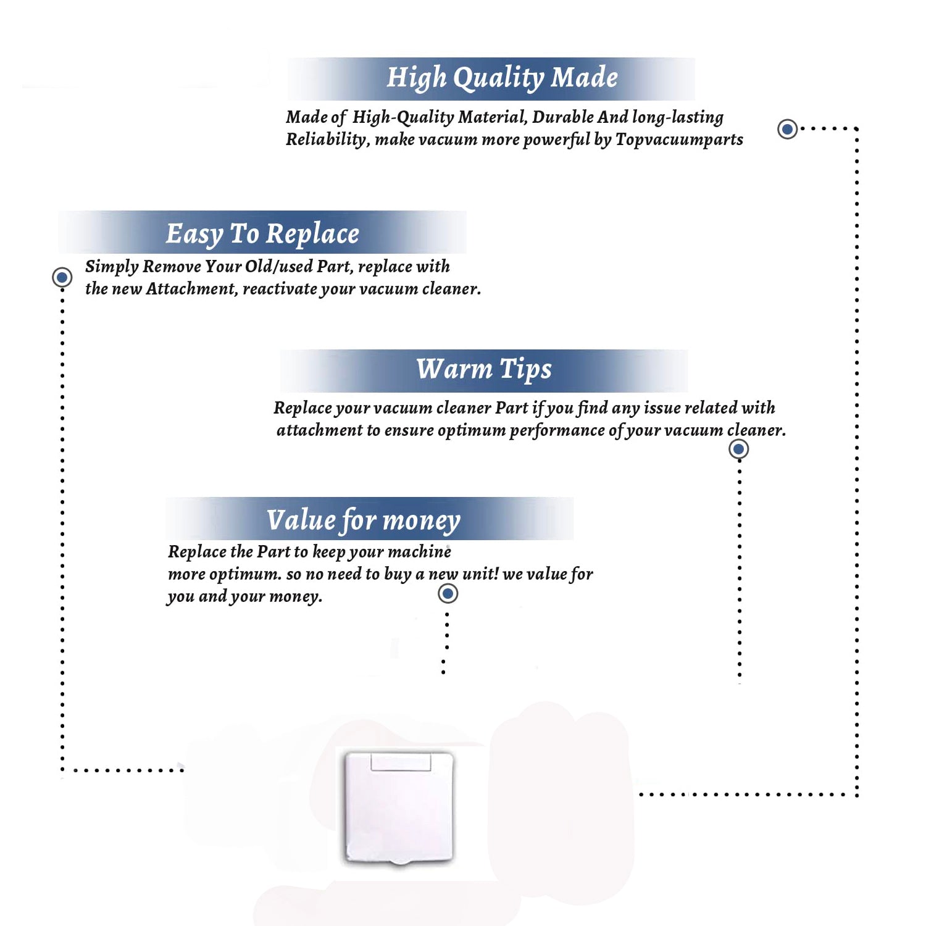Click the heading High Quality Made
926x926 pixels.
point(502,78)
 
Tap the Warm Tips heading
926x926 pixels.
point(484,370)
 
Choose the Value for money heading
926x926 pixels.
point(364,520)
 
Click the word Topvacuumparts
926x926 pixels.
point(679,140)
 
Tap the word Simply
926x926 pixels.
point(112,267)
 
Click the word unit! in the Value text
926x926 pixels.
point(480,574)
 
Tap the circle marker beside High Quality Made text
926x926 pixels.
point(787,129)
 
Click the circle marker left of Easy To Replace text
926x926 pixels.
point(62,277)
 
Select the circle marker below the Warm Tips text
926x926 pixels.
point(738,449)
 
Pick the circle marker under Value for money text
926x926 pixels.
point(448,594)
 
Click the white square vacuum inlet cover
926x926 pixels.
point(399,807)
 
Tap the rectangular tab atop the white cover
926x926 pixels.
point(401,762)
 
